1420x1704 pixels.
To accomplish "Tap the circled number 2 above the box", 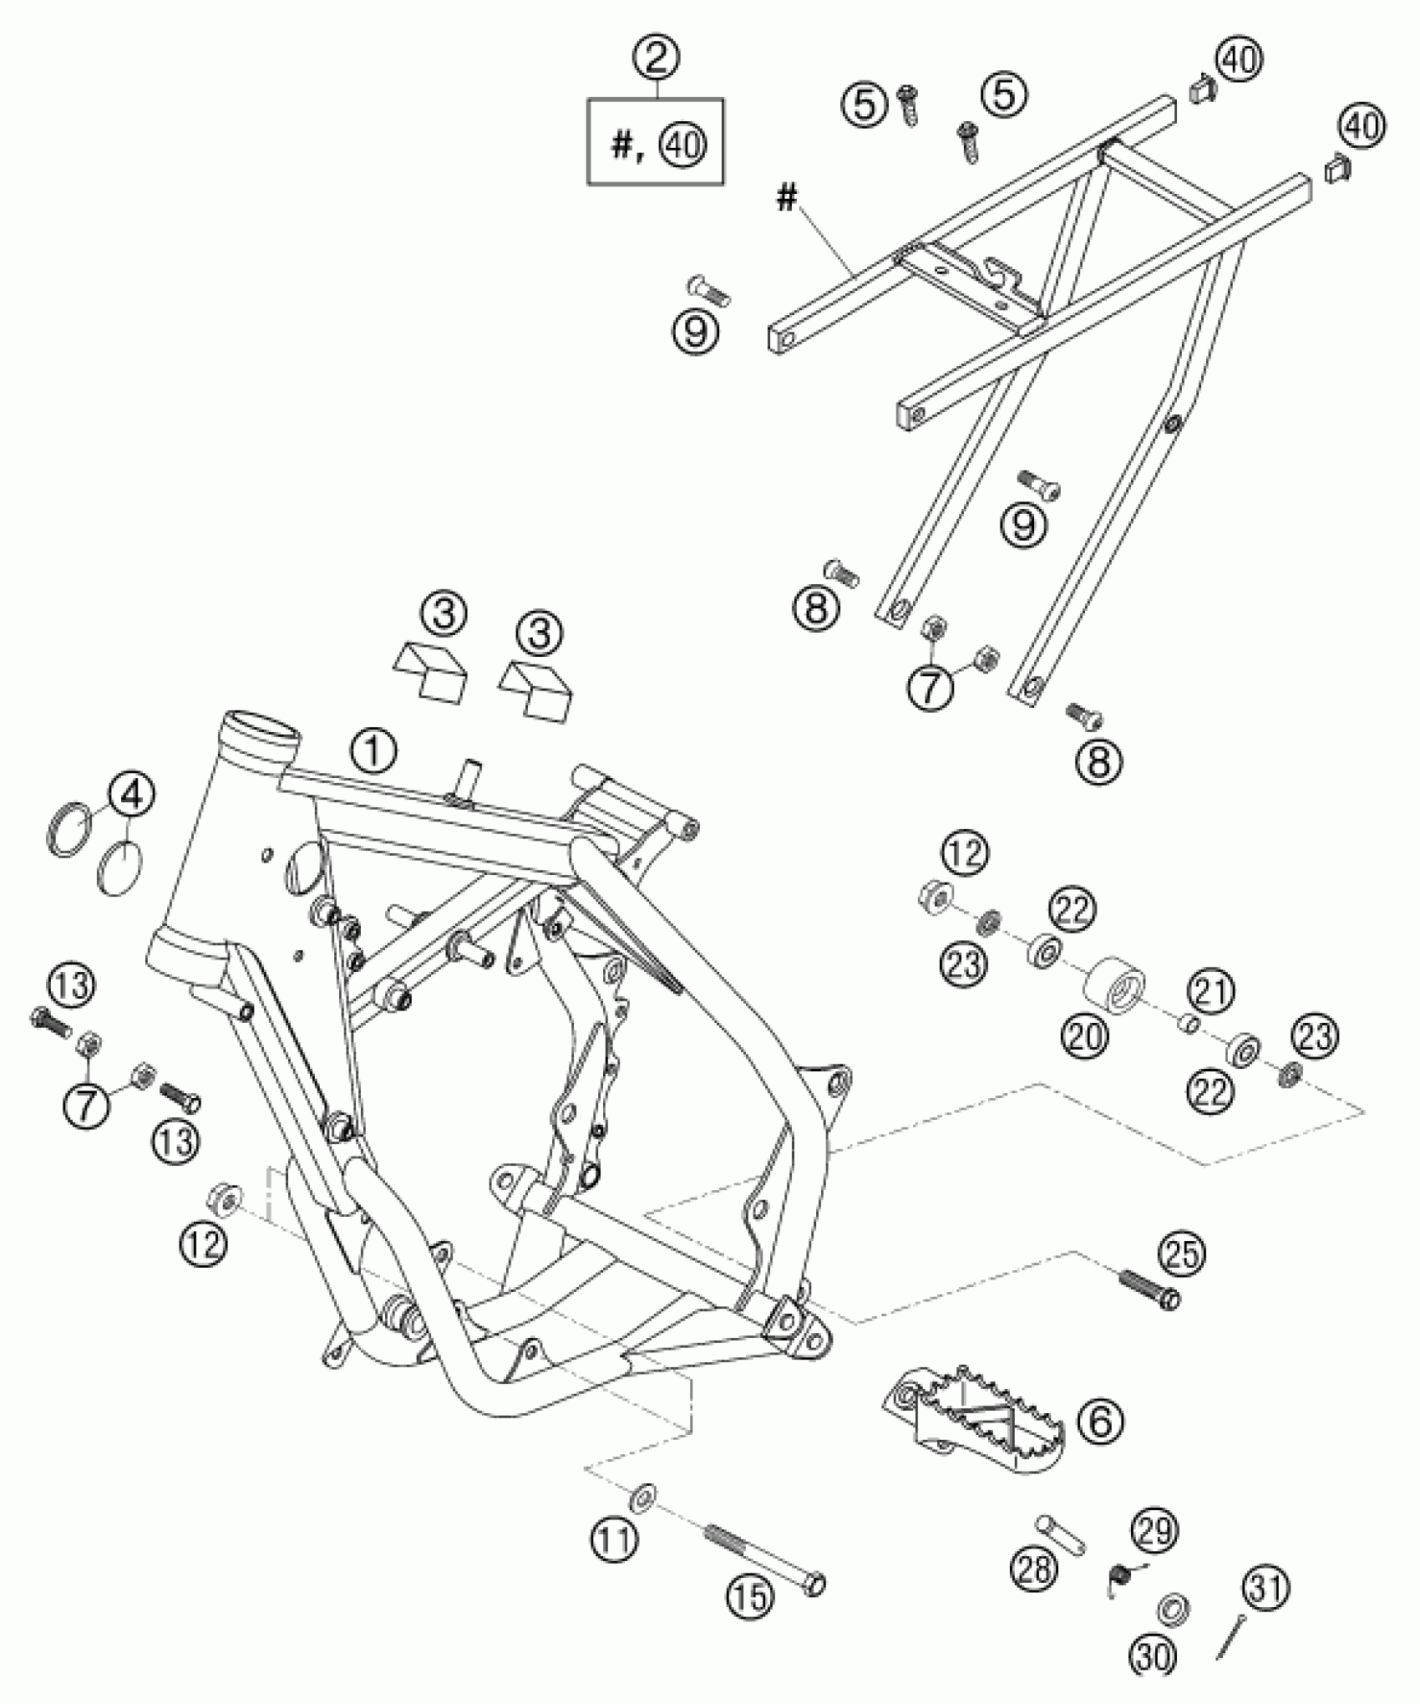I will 656,59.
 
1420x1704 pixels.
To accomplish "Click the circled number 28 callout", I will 1034,1569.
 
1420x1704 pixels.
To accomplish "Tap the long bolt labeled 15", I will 764,1556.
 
